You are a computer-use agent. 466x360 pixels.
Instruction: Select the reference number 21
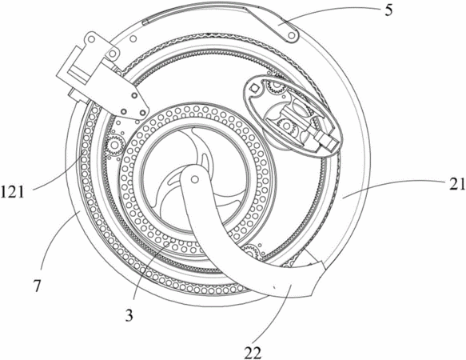pos(457,185)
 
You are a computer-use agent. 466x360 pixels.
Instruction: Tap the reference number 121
pos(12,192)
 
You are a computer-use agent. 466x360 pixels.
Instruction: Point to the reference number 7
pos(37,286)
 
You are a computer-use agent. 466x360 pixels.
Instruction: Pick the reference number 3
pos(129,315)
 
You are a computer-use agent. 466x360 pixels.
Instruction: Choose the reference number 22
pos(253,353)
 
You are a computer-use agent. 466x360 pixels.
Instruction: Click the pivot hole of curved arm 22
pos(195,179)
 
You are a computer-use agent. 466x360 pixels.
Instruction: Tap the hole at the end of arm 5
pos(292,35)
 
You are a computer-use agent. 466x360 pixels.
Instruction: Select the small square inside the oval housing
pos(255,88)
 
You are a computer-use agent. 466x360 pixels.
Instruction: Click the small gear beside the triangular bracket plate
pos(114,145)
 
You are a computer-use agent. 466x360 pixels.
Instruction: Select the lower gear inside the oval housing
pos(286,126)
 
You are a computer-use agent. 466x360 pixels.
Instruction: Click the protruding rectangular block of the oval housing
pos(326,141)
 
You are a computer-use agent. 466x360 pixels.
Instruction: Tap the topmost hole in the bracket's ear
pos(92,38)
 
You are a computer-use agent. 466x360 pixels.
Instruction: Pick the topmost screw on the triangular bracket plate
pos(134,95)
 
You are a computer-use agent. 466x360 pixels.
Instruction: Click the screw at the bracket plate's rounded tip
pos(143,112)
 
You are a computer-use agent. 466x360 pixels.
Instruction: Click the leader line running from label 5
pos(329,14)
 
